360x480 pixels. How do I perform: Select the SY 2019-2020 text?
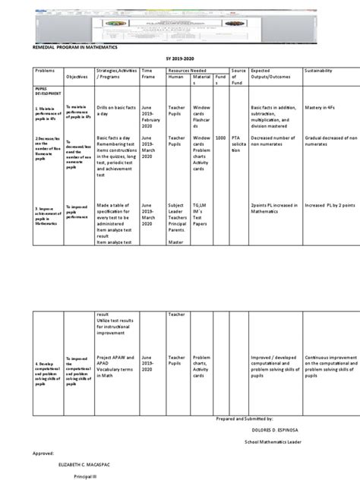180,58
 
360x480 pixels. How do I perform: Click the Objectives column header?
77,77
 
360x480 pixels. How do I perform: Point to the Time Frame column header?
148,72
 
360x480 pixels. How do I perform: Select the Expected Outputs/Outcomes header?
270,72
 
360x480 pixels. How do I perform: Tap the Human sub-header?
176,76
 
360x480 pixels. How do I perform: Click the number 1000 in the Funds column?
220,137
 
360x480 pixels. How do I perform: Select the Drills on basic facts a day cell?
115,112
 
